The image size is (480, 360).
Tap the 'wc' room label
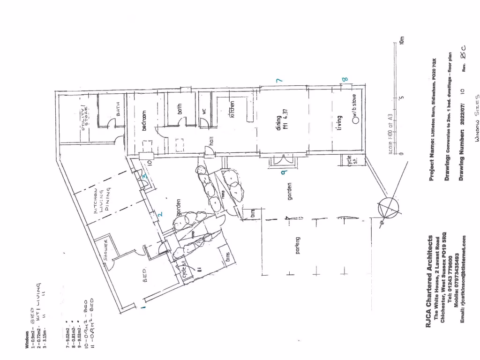204,112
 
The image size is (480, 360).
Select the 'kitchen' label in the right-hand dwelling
232,109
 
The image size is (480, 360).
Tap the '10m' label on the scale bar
402,41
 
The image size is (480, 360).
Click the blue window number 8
346,80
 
